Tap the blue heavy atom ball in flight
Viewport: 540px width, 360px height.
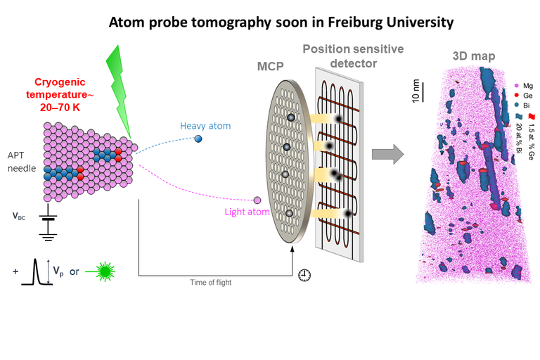click(198, 139)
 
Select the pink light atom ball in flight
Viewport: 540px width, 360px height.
click(257, 201)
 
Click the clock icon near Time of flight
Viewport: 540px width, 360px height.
click(304, 275)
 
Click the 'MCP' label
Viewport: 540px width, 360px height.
click(271, 67)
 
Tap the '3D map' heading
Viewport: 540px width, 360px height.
click(470, 56)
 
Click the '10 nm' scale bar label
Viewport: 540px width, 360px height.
click(416, 91)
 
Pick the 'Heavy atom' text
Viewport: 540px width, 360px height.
click(205, 126)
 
